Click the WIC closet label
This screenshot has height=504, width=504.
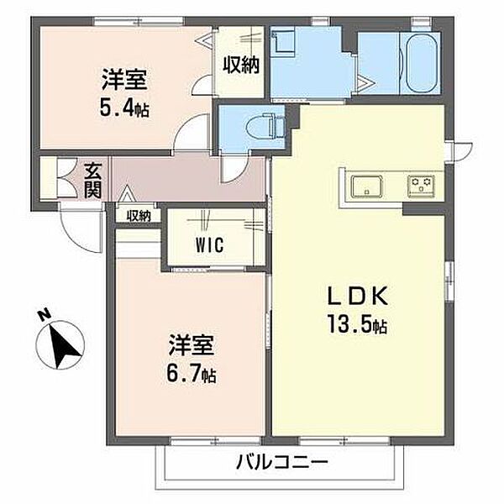(210, 246)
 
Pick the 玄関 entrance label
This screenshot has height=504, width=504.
(92, 181)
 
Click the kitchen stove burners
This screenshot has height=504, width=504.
(420, 184)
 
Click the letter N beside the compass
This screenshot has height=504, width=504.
(44, 317)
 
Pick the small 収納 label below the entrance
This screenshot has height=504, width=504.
(139, 216)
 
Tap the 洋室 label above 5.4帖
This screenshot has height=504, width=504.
(126, 82)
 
